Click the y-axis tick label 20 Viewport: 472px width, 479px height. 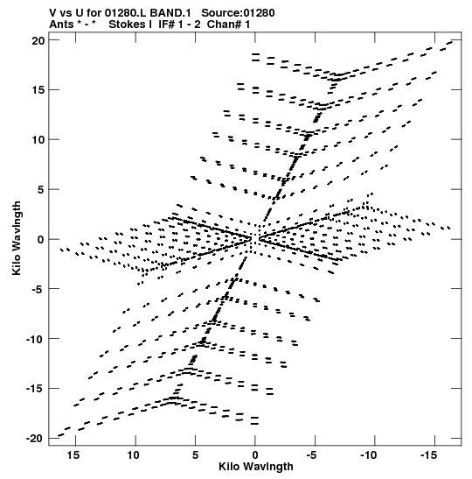coord(38,40)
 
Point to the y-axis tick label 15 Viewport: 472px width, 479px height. coord(38,90)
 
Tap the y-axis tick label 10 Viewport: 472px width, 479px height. coord(38,140)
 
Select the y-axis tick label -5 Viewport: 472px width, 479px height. coord(38,289)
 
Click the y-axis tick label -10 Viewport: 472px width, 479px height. coord(35,339)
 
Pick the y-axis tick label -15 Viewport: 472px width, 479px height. coord(35,389)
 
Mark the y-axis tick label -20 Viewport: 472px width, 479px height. coord(35,439)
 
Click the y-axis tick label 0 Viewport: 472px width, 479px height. coord(41,240)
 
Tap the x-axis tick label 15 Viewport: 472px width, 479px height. coord(73,455)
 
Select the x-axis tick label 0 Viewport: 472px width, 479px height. coord(255,455)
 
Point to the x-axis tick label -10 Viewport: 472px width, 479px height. coord(369,455)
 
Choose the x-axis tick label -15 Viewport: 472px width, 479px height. coord(428,455)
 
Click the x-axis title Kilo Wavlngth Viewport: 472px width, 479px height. coord(256,467)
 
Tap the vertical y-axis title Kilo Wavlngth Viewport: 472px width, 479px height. coord(17,238)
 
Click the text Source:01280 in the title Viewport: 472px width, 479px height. coord(238,13)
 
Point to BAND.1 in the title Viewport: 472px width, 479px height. coord(170,13)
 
